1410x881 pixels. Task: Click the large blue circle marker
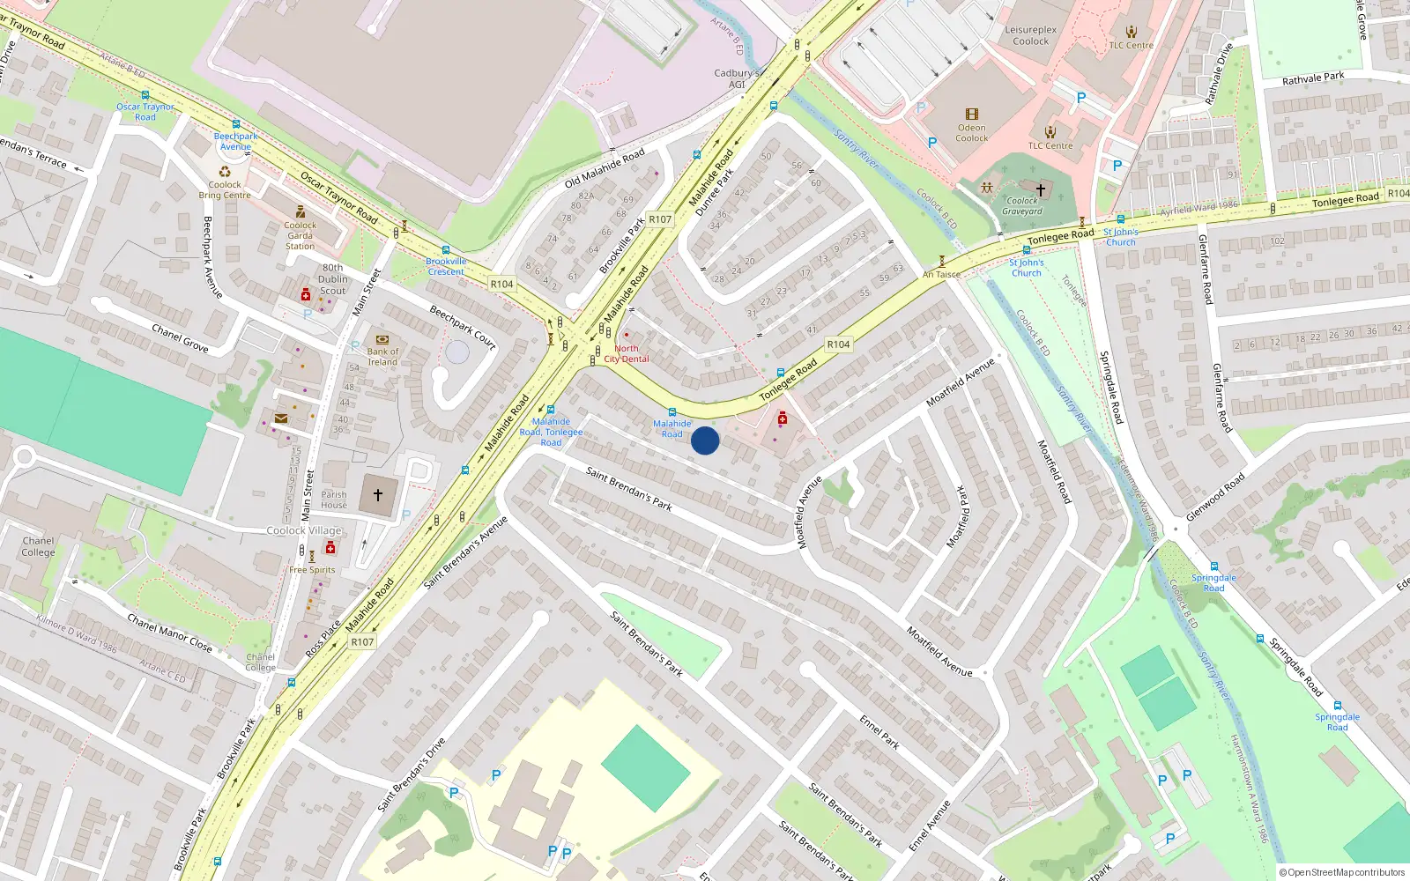click(x=705, y=440)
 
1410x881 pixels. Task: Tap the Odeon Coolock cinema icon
click(x=972, y=115)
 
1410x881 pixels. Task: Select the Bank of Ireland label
click(x=382, y=357)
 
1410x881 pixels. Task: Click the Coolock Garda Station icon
click(x=301, y=211)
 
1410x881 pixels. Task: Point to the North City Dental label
click(x=626, y=353)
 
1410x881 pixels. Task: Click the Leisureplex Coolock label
click(x=1030, y=35)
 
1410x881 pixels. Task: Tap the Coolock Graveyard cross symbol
click(x=1041, y=189)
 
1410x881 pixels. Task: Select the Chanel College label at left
click(x=38, y=546)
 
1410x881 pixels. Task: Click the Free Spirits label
click(x=312, y=570)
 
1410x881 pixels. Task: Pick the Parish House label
click(x=334, y=500)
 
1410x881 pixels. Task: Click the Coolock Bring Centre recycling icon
click(x=225, y=172)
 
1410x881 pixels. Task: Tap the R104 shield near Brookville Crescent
click(x=501, y=284)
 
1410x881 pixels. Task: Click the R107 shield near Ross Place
click(x=362, y=642)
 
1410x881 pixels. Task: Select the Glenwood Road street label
click(x=1215, y=497)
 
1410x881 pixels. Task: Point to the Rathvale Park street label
click(x=1313, y=78)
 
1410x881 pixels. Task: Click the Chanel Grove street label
click(x=180, y=338)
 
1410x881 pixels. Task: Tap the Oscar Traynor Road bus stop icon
click(x=145, y=95)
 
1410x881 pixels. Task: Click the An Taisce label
click(x=941, y=274)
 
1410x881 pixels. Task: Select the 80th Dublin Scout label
click(x=333, y=279)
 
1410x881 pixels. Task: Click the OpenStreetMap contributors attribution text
click(x=1342, y=872)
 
